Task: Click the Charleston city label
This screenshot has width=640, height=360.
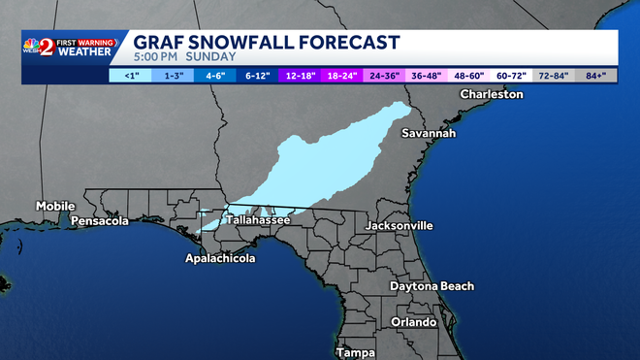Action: (x=491, y=94)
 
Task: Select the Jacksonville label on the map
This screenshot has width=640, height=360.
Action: (x=399, y=225)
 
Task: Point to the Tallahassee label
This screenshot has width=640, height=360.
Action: (x=258, y=220)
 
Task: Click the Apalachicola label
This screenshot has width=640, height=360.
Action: (x=221, y=259)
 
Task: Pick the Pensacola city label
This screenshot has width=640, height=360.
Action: (x=100, y=221)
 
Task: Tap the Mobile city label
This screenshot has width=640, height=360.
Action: (x=55, y=206)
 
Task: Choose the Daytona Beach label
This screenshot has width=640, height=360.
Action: (x=432, y=286)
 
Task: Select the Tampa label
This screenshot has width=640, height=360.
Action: (x=355, y=352)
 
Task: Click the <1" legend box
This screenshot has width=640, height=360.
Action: (x=130, y=75)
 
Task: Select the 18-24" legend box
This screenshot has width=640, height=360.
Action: (x=342, y=75)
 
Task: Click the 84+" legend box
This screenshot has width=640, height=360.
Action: (x=596, y=75)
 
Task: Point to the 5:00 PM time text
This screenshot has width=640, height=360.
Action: (x=156, y=58)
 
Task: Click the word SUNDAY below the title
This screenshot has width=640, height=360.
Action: (x=212, y=58)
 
